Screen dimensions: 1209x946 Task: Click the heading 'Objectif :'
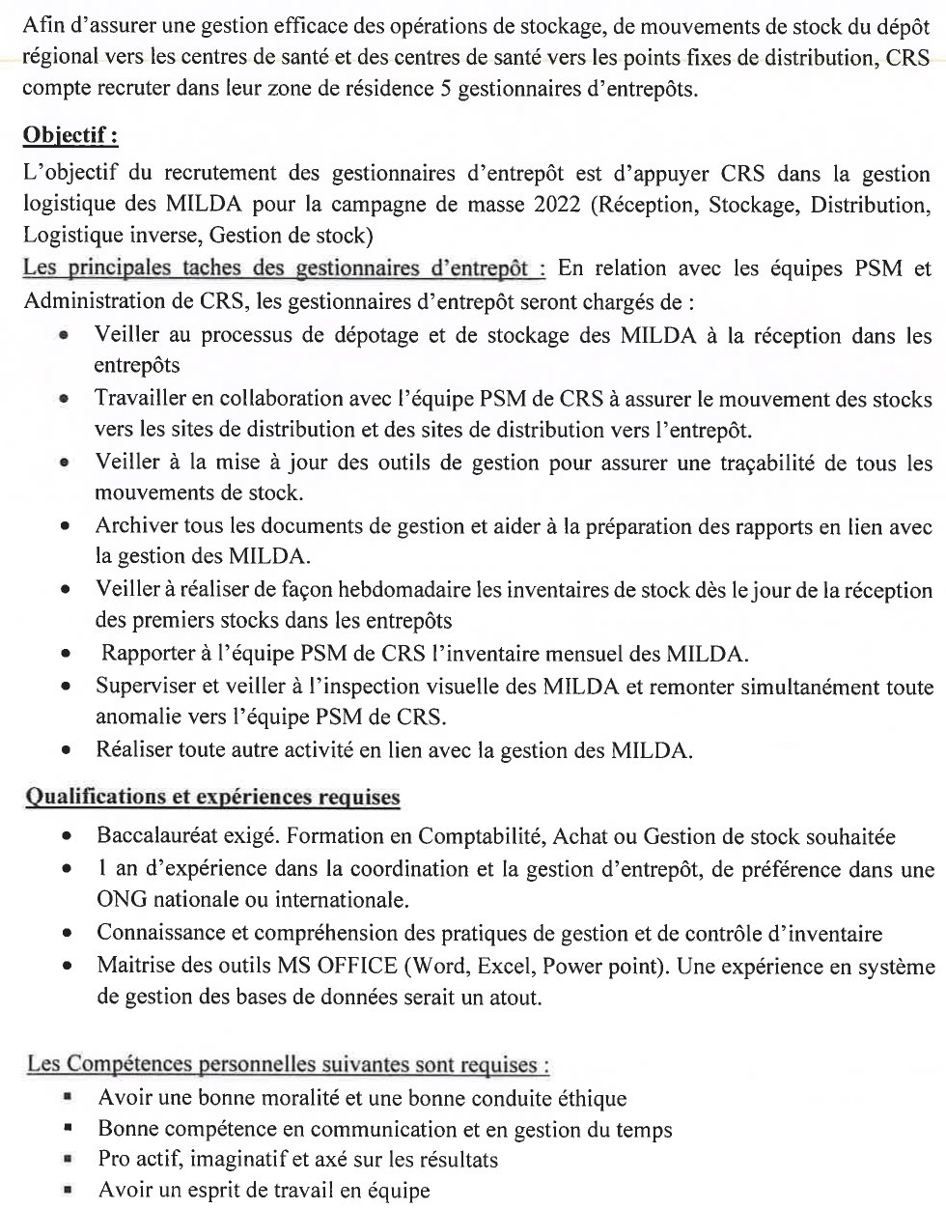tap(70, 135)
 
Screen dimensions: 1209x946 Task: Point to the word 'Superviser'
tap(145, 687)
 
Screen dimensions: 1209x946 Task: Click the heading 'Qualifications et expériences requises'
tap(211, 798)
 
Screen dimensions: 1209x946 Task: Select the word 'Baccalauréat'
tap(157, 836)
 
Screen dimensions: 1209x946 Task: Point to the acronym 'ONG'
tap(121, 900)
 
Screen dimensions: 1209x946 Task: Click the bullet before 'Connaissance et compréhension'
tap(66, 935)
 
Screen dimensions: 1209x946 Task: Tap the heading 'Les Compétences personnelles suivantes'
tap(288, 1065)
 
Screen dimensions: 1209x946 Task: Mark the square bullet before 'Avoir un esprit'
tap(68, 1190)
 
